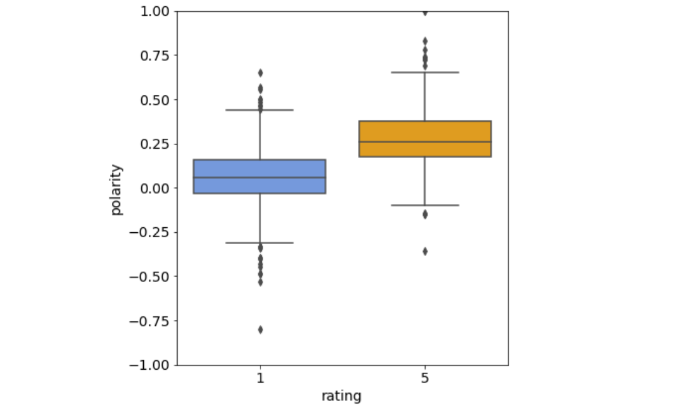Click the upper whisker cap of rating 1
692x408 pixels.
259,110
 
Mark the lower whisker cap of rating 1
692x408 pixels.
259,242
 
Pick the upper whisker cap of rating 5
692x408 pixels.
424,72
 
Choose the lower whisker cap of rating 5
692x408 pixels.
424,205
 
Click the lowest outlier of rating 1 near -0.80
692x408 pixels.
260,330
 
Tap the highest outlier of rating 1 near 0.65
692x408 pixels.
260,73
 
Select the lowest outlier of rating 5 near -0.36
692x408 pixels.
425,251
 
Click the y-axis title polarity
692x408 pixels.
117,190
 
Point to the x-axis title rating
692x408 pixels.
341,396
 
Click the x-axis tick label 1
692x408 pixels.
260,378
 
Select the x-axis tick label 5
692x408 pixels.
425,378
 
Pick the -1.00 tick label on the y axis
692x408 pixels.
150,365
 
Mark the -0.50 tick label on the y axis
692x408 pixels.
150,276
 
